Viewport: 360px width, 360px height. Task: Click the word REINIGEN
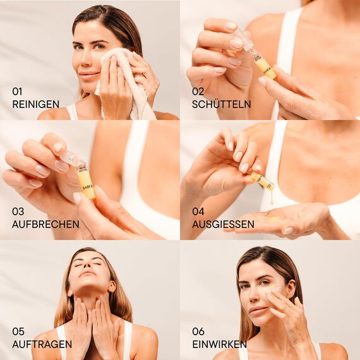36,104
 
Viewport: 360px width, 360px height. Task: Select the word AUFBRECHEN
45,224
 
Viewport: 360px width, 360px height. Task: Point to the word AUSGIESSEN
224,224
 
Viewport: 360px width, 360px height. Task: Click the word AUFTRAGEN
42,344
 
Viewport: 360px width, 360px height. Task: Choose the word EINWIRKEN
219,344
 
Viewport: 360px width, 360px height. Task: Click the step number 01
17,92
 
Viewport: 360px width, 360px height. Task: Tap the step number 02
198,92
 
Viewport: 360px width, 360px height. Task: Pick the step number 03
18,212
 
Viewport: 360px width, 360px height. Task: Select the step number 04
198,212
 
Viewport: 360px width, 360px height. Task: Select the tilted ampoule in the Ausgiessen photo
261,181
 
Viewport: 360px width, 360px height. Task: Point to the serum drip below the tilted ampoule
272,199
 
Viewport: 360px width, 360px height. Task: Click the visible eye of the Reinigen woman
81,46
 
